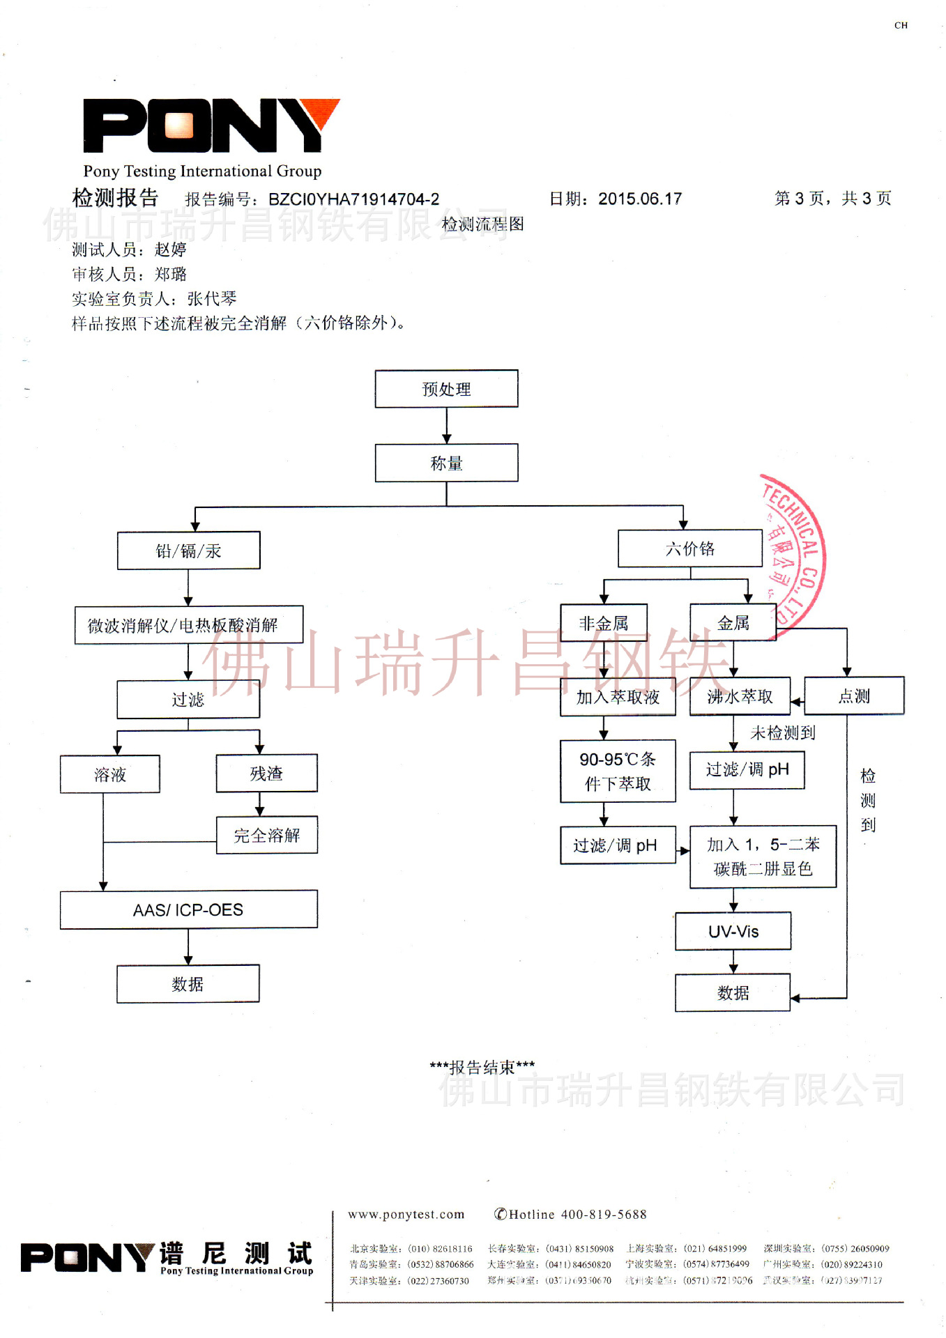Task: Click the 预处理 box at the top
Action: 446,389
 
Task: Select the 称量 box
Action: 446,463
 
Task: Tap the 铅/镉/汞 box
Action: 188,551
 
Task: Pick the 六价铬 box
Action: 689,548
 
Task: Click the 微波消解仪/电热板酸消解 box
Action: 188,625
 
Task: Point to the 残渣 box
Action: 266,774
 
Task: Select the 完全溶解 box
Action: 266,835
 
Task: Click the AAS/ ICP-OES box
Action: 188,909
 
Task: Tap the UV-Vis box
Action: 733,931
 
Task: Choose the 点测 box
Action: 854,695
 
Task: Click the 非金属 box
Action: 604,623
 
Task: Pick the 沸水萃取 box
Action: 740,696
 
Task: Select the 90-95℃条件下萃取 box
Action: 618,771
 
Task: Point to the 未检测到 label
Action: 782,732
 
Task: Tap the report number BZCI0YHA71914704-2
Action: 353,199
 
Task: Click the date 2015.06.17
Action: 640,199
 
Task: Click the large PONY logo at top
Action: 209,125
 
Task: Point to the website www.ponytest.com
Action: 406,1215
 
